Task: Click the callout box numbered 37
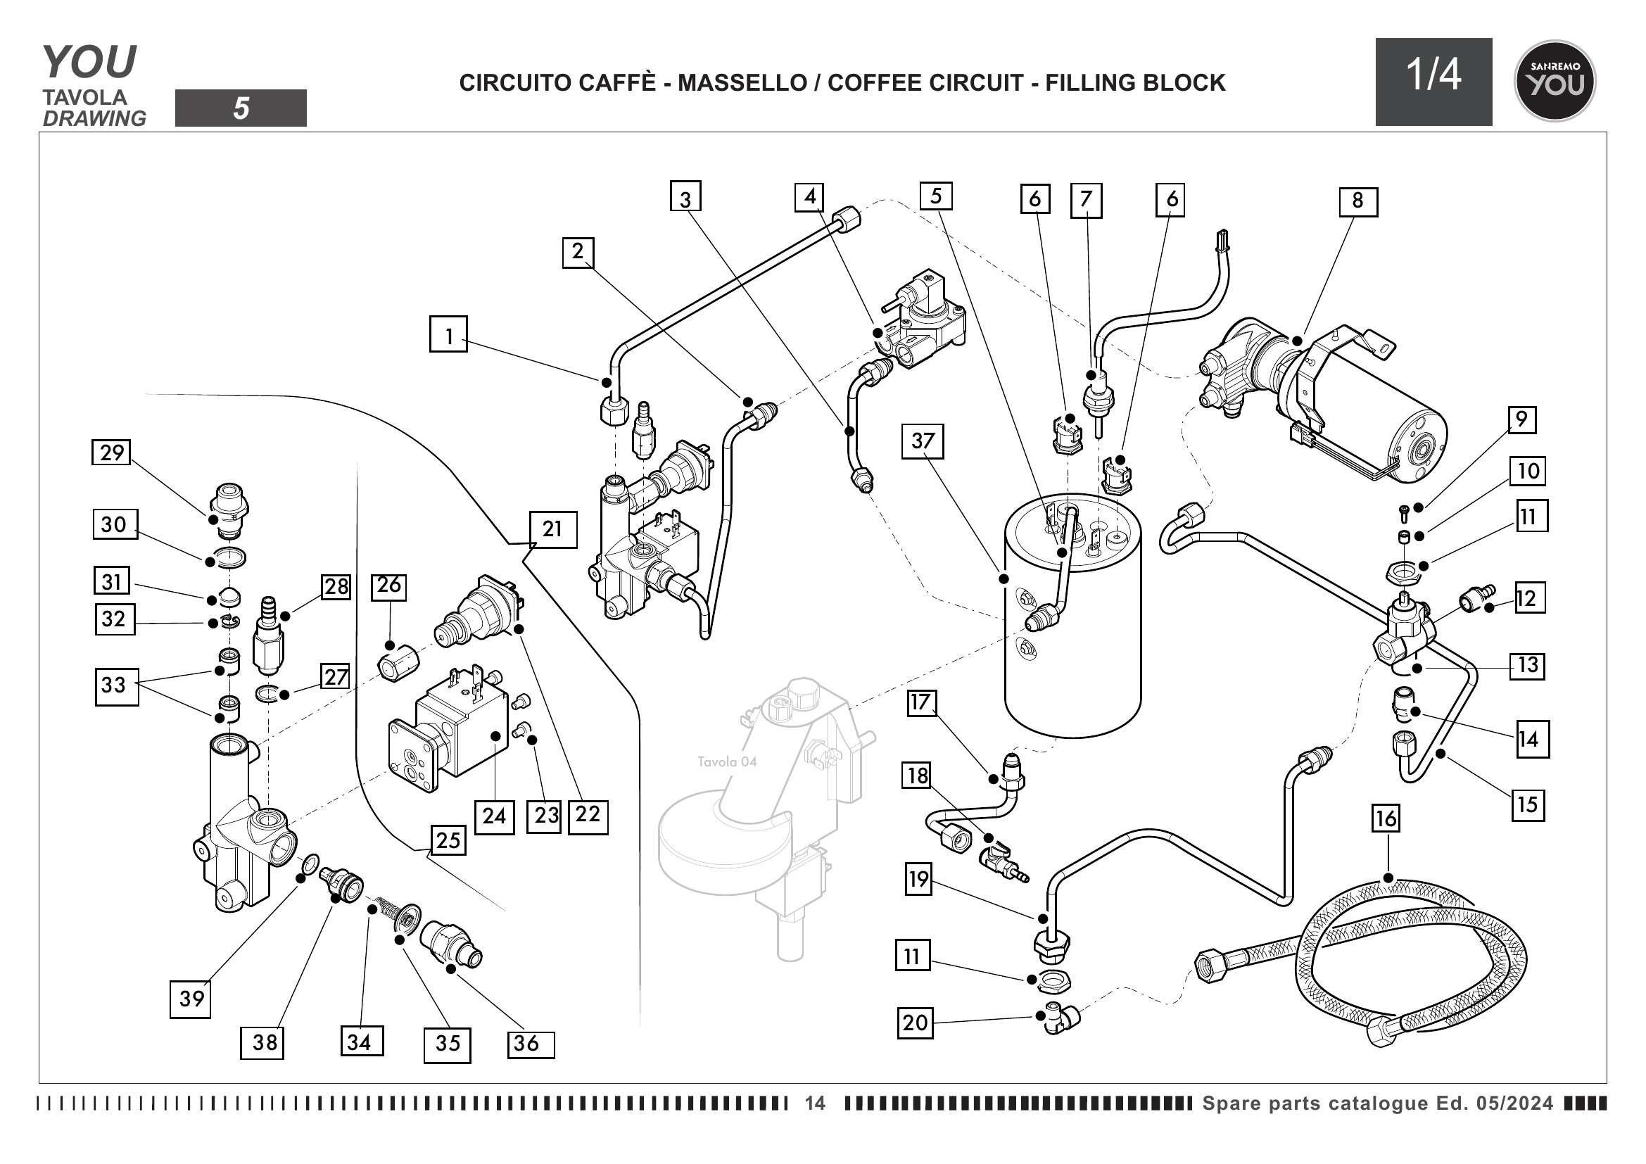[923, 441]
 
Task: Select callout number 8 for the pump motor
[1357, 201]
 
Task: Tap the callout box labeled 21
[552, 530]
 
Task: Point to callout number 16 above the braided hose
[1385, 818]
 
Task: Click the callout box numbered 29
[112, 453]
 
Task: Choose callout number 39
[191, 999]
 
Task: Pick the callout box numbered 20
[916, 1023]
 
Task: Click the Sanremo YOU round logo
[1555, 81]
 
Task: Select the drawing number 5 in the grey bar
[241, 108]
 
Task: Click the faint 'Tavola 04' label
[727, 762]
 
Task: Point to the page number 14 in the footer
[815, 1103]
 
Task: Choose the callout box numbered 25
[448, 840]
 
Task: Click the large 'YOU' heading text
[89, 63]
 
